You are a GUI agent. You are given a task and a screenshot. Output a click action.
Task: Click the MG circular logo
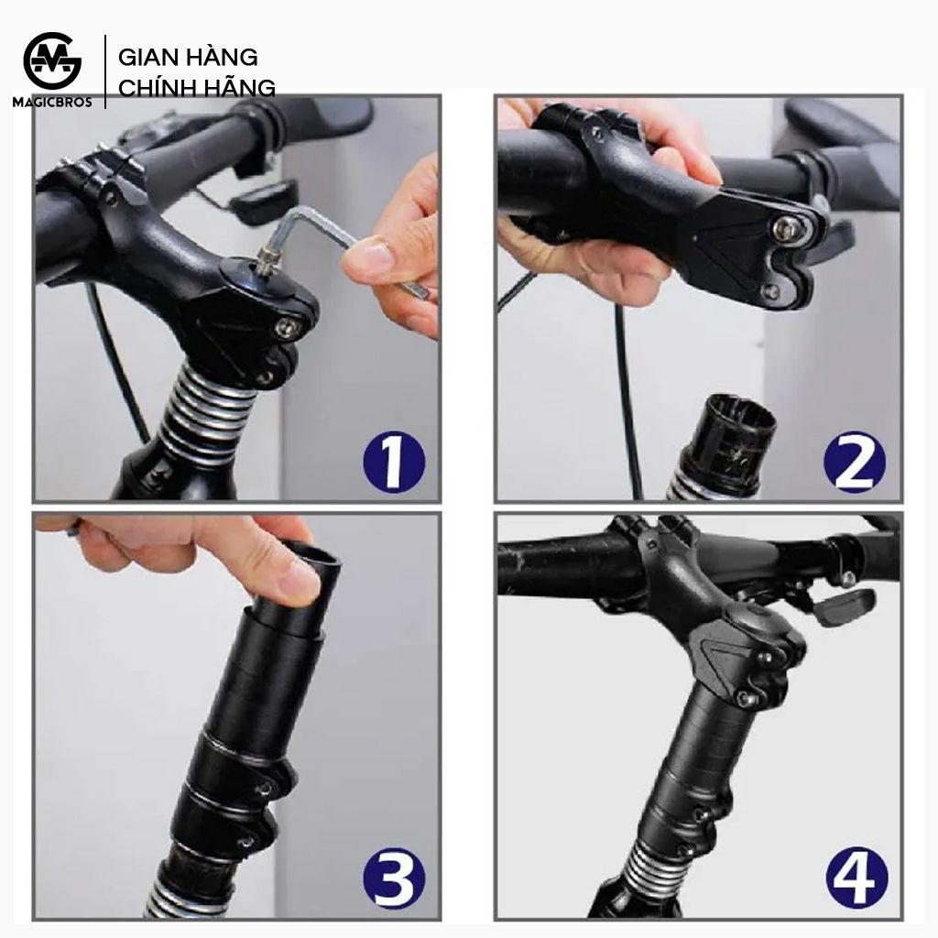point(52,61)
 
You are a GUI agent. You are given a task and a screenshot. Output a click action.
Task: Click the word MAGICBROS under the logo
point(52,103)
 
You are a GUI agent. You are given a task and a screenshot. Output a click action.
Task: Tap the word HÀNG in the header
point(222,57)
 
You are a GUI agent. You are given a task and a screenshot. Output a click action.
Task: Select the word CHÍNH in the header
point(154,87)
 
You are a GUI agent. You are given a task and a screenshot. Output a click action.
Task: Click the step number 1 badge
point(394,462)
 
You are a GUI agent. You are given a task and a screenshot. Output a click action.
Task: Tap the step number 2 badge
point(855,463)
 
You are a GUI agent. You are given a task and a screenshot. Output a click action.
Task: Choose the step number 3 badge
point(394,877)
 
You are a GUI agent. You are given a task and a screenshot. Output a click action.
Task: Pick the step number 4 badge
point(856,877)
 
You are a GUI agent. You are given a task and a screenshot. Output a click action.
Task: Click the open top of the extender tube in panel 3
point(311,554)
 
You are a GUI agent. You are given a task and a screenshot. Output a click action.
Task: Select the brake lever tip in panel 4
point(848,605)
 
